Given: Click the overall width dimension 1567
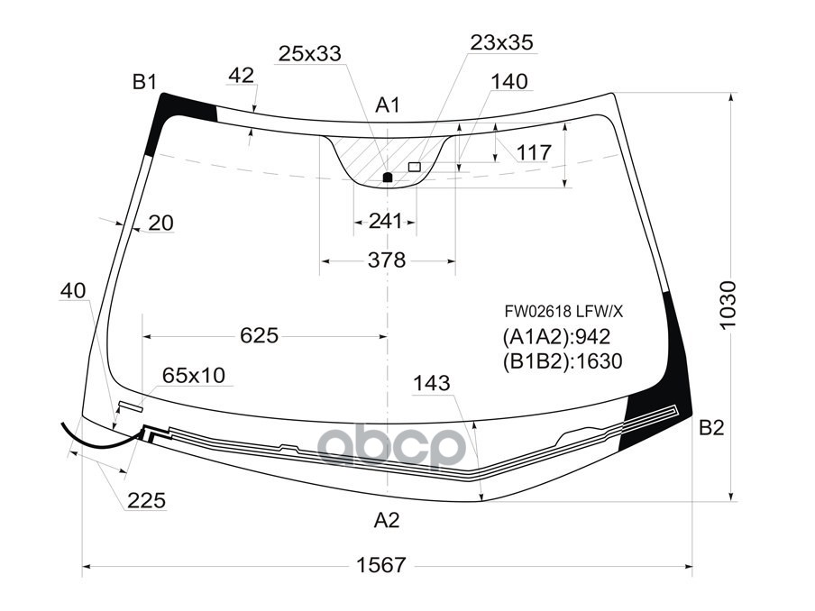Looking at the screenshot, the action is click(380, 565).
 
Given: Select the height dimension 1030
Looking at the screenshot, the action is click(728, 305).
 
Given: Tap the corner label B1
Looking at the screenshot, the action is click(144, 82).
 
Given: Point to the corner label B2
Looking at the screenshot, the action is click(711, 428).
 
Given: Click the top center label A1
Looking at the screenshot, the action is click(388, 105).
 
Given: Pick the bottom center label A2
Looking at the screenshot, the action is click(387, 520).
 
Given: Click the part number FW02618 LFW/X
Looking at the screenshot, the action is click(563, 312).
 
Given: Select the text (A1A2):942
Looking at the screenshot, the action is click(556, 337).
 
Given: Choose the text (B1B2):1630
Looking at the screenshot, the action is click(563, 361).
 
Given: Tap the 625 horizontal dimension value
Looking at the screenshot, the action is click(260, 335).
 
